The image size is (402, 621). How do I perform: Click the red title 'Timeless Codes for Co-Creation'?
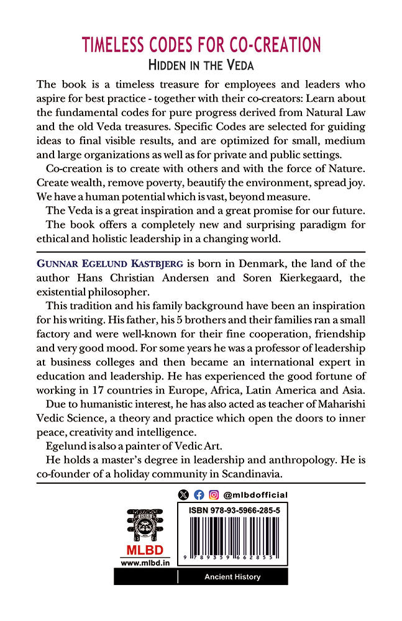coord(201,45)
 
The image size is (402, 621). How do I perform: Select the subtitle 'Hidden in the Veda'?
coord(201,65)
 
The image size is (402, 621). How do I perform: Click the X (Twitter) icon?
coord(183,495)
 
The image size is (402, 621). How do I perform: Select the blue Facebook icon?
coord(199,495)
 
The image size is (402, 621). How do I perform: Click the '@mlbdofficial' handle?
coord(255,495)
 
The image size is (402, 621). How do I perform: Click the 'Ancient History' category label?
coord(233,577)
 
